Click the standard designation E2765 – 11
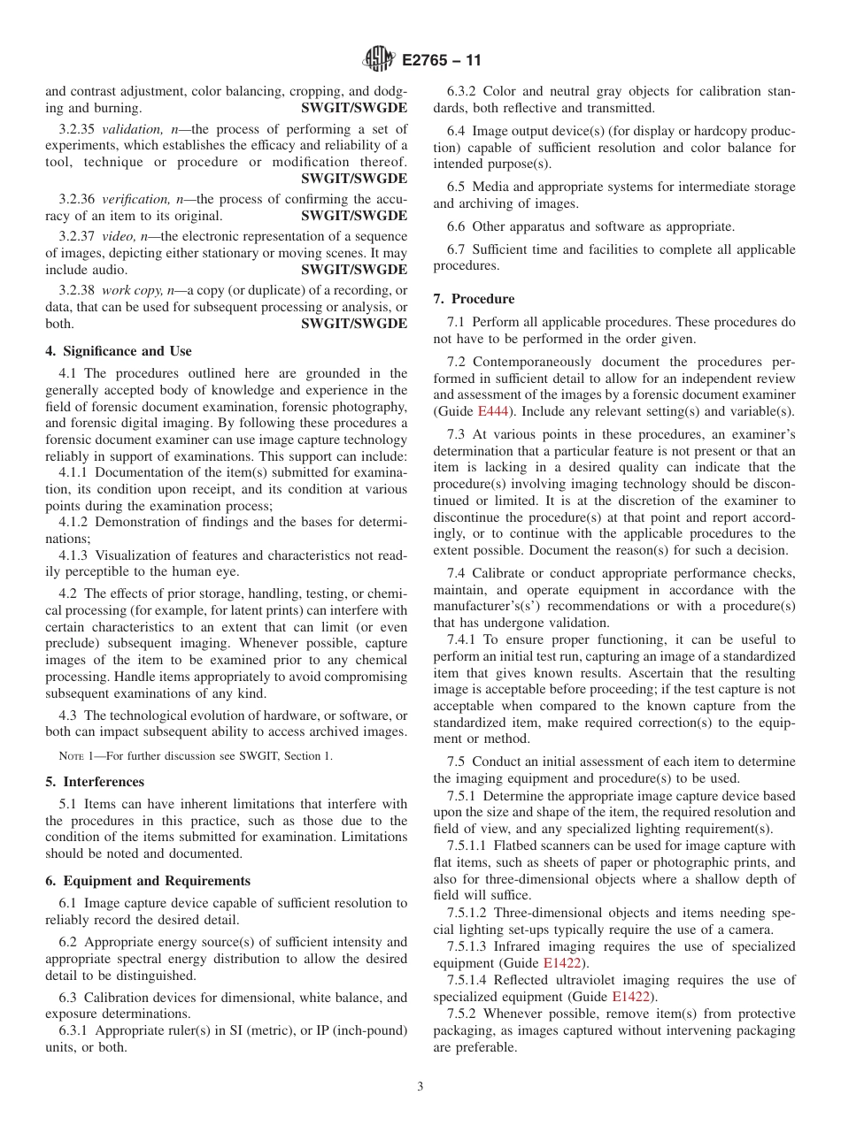click(x=442, y=61)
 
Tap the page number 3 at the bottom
click(x=420, y=1087)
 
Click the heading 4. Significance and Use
click(x=119, y=351)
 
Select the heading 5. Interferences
click(x=95, y=782)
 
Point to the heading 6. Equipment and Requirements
click(x=148, y=881)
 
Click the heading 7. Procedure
click(x=474, y=299)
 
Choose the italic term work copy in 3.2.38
click(x=127, y=290)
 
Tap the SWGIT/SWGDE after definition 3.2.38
click(x=354, y=324)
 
